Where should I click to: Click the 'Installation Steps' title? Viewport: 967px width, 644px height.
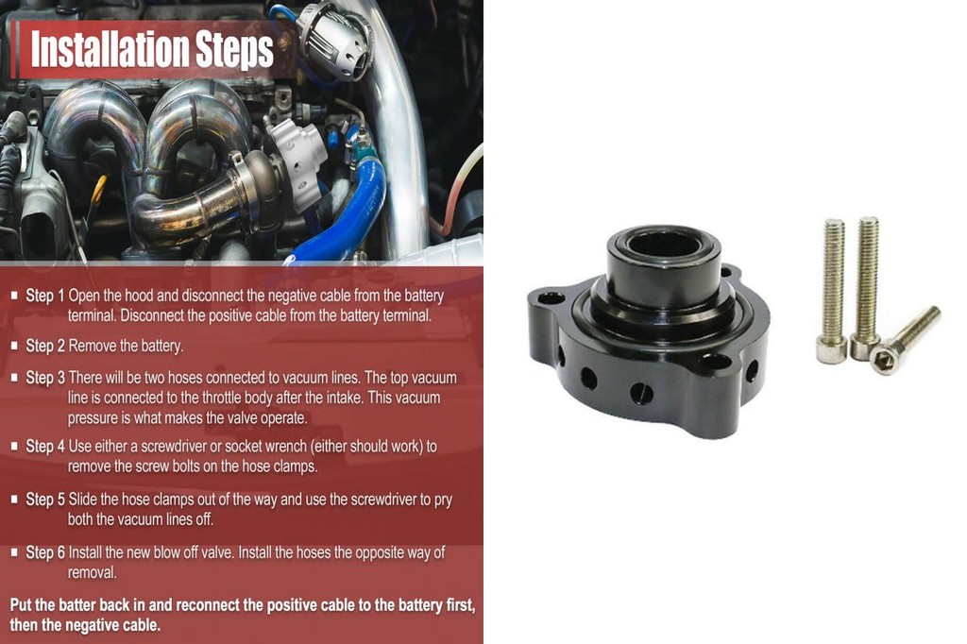(151, 50)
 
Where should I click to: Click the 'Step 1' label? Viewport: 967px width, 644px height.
(45, 296)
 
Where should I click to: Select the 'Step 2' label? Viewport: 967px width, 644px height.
(45, 346)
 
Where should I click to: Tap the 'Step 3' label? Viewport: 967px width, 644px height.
(45, 378)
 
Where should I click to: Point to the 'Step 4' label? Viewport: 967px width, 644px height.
(45, 446)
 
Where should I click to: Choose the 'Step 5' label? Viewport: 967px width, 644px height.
(45, 499)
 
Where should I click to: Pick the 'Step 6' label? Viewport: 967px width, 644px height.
(45, 552)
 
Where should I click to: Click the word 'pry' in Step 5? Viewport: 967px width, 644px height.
(442, 499)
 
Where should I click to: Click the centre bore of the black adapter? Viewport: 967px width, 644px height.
(664, 246)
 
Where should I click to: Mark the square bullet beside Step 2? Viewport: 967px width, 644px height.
(14, 346)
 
